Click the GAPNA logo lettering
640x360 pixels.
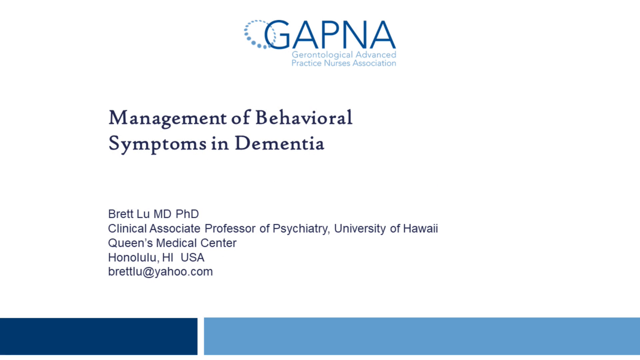[x=330, y=35]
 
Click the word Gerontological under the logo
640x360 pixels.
[x=322, y=55]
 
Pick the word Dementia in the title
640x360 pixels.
[x=279, y=144]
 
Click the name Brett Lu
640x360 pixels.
[x=129, y=214]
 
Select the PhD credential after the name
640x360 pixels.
[x=187, y=214]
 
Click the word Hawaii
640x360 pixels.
[x=420, y=229]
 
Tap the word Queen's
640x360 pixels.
[x=130, y=243]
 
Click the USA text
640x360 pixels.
[x=192, y=258]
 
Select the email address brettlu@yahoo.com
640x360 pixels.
[x=160, y=272]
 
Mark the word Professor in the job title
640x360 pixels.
[x=230, y=229]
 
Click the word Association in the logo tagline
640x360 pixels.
[x=374, y=63]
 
